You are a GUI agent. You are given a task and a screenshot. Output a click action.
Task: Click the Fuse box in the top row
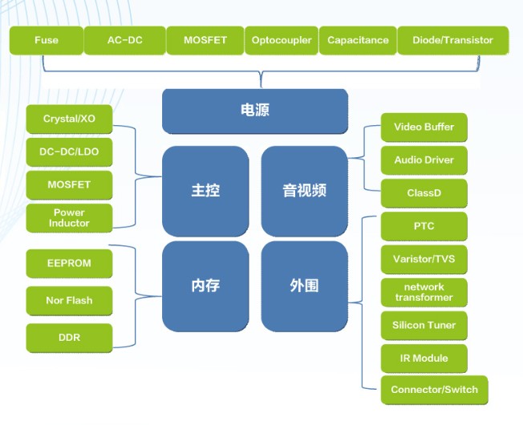coord(47,40)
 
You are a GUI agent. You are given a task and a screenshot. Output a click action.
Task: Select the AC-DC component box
coord(125,40)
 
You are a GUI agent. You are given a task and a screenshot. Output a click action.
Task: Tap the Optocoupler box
coord(282,40)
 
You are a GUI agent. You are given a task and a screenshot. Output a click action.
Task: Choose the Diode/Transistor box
coord(453,40)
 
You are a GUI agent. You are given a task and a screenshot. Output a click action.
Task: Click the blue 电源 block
coord(255,111)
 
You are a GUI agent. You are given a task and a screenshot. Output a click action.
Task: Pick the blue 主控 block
coord(205,192)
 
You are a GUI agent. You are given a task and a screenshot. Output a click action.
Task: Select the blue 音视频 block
coord(305,192)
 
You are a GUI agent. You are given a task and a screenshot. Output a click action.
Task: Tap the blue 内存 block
coord(205,286)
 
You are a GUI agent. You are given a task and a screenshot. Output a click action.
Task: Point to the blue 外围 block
coord(305,286)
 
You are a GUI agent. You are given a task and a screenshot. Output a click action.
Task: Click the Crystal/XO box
coord(69,119)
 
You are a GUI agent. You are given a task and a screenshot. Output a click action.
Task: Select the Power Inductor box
coord(69,218)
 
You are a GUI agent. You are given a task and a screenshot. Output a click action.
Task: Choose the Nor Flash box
coord(69,301)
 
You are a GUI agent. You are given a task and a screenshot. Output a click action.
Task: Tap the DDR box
coord(69,338)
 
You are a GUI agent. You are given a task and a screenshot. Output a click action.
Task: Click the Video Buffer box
coord(424,127)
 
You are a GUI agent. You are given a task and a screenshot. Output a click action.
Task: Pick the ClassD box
coord(424,193)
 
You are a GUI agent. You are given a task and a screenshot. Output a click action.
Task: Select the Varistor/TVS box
coord(424,259)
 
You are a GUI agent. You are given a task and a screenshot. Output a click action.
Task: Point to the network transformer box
coord(424,293)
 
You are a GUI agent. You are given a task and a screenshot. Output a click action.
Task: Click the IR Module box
coord(424,358)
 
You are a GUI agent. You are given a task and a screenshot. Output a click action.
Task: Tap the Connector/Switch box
coord(434,390)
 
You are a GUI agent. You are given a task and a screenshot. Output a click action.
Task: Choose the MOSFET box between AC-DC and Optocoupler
coord(205,40)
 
